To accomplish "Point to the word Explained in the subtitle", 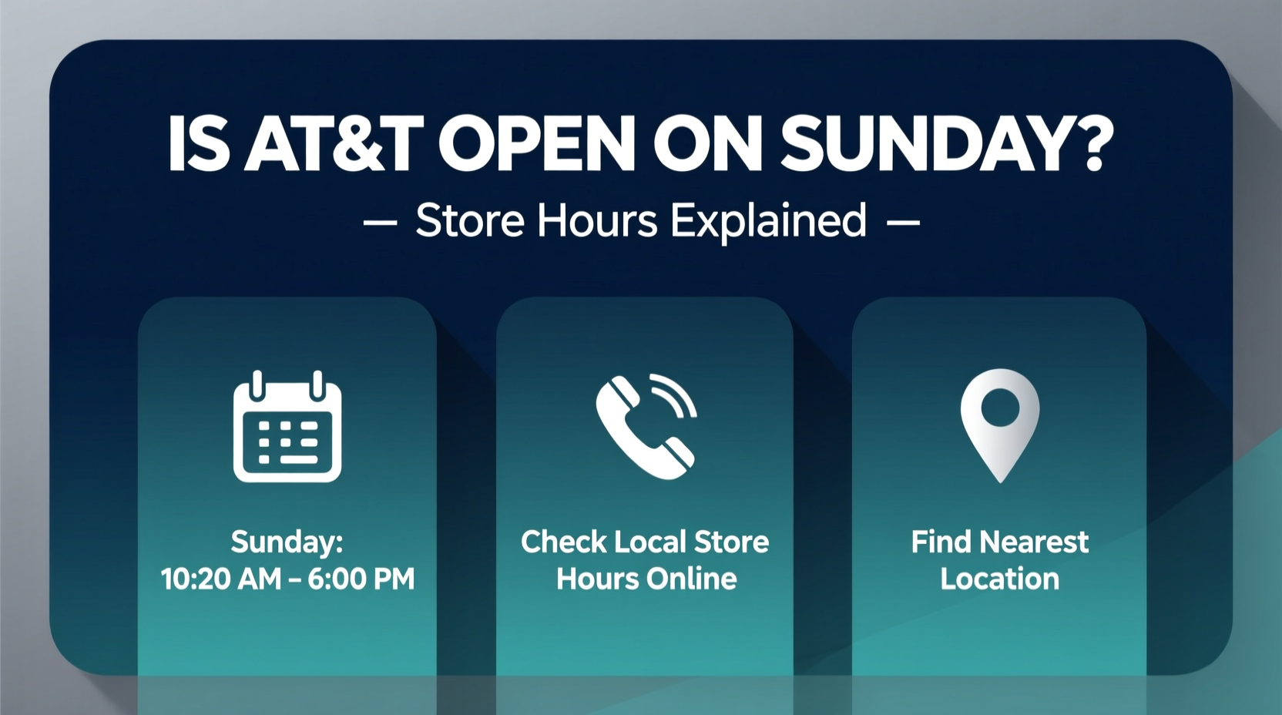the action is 768,222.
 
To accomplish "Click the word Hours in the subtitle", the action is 598,221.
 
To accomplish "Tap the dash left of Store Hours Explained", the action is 380,223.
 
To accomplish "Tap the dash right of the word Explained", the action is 903,223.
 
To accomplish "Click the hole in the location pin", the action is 1000,407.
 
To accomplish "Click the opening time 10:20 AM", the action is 221,579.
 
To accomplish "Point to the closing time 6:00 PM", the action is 361,579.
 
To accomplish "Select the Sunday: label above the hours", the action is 287,542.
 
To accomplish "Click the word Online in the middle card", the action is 691,579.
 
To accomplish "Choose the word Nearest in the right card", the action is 1034,542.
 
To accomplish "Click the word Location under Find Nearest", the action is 1000,579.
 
